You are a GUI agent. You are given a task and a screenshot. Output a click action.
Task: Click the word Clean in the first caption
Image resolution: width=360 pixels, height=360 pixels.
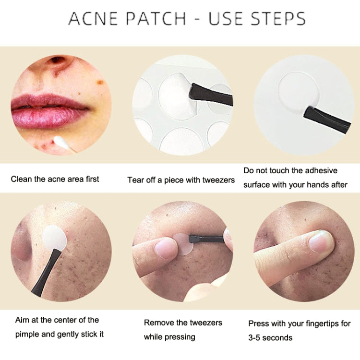coord(22,179)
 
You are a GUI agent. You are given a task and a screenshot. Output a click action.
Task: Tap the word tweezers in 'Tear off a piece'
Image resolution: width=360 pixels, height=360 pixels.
coord(218,180)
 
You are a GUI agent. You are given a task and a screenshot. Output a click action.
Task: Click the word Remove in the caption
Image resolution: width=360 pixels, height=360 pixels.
coord(159,323)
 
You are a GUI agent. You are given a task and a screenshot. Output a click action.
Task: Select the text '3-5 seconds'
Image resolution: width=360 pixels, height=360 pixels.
coord(270,337)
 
